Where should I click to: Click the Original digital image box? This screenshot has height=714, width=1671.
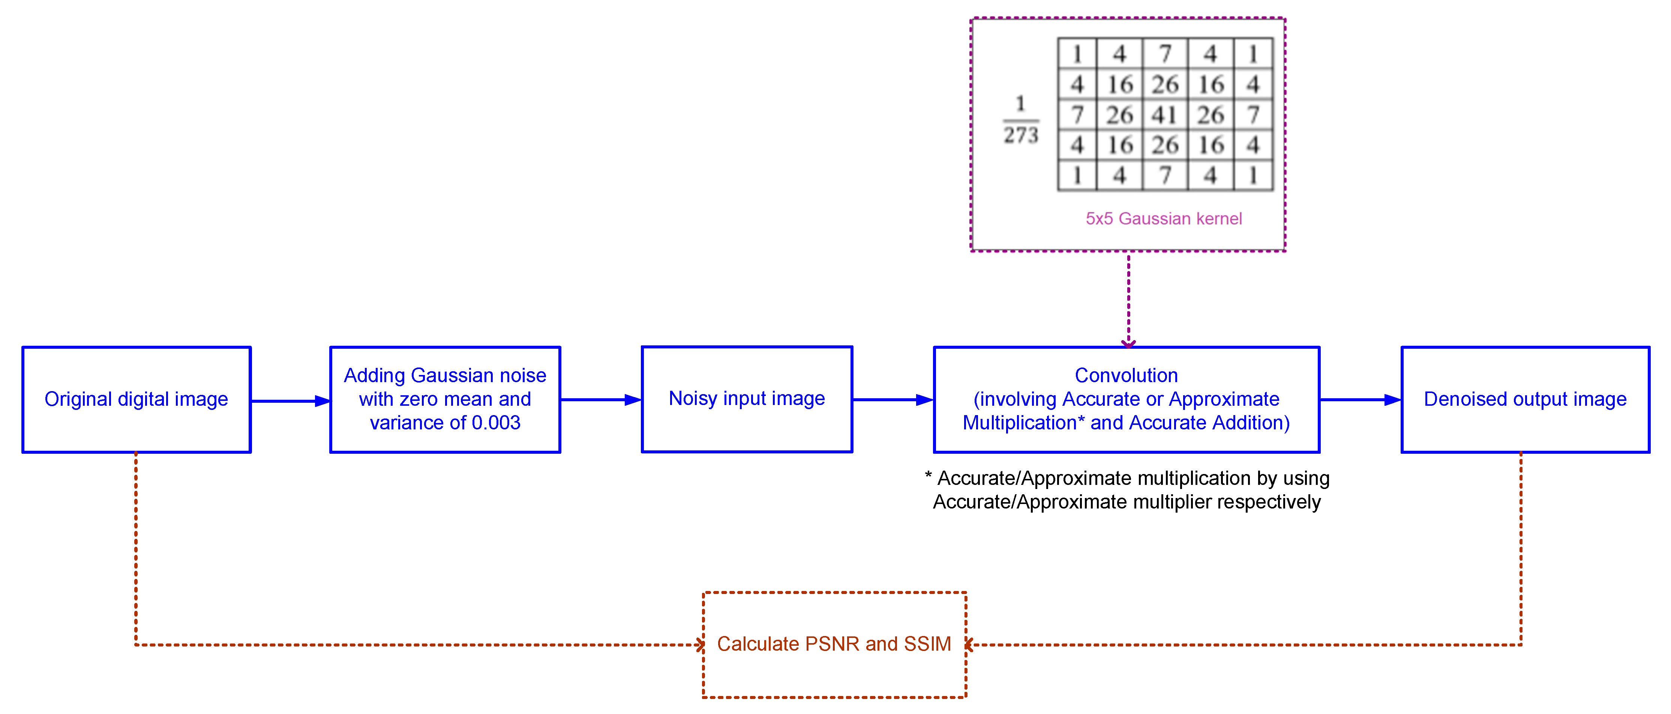[x=136, y=399]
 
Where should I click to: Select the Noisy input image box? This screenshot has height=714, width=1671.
[x=747, y=399]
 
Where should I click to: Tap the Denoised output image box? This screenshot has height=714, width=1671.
[x=1525, y=399]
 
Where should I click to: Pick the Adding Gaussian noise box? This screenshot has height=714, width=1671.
[x=445, y=399]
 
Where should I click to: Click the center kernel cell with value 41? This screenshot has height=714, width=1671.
[x=1164, y=115]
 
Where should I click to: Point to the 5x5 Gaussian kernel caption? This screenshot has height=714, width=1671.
[x=1164, y=219]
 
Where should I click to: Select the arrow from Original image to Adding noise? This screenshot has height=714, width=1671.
[x=290, y=401]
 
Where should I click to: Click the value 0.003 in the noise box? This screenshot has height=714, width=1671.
[x=496, y=423]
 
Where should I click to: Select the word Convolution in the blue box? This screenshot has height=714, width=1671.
[x=1126, y=375]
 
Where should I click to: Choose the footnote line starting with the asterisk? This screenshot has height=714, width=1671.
[x=1127, y=478]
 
